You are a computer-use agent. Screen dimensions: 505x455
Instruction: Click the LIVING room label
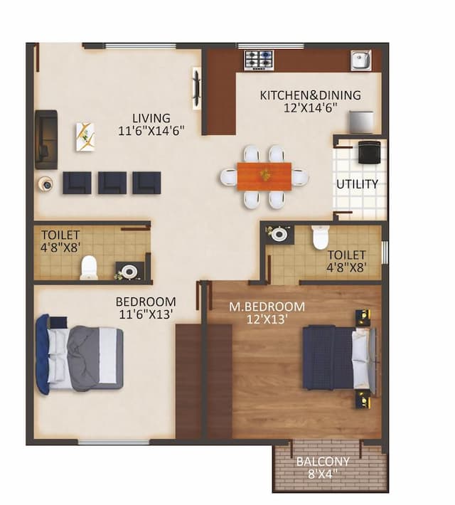click(151, 118)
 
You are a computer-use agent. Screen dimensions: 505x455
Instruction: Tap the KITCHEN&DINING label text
click(310, 95)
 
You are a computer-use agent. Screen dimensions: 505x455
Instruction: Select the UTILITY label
click(357, 184)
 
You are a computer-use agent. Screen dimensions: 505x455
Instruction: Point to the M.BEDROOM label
click(267, 307)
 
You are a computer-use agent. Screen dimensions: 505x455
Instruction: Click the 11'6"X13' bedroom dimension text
click(146, 314)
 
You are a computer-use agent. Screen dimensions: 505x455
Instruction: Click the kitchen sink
click(360, 60)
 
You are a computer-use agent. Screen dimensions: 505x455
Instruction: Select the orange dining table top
click(264, 174)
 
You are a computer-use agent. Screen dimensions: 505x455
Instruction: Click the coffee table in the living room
click(85, 136)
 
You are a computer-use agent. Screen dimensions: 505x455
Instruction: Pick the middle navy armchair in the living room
click(112, 183)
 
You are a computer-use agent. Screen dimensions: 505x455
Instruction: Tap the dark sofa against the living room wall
click(45, 139)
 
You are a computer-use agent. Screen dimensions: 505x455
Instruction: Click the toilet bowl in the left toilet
click(88, 267)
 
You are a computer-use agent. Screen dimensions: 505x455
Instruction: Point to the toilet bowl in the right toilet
click(321, 237)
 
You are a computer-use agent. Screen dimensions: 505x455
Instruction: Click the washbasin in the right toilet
click(279, 234)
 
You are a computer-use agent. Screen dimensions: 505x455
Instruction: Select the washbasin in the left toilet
click(129, 271)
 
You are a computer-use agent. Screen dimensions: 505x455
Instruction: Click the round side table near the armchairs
click(46, 184)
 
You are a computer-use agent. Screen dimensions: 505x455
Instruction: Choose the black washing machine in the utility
click(369, 151)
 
